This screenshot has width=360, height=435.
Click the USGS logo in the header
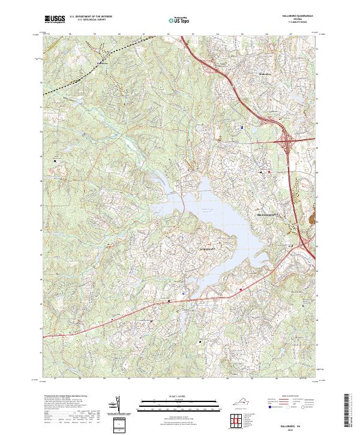click(55, 20)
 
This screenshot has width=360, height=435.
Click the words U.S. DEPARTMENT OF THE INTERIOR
click(91, 17)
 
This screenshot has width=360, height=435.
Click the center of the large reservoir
click(207, 210)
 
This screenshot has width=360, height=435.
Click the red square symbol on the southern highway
click(241, 290)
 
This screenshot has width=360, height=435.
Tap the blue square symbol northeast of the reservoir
click(242, 128)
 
